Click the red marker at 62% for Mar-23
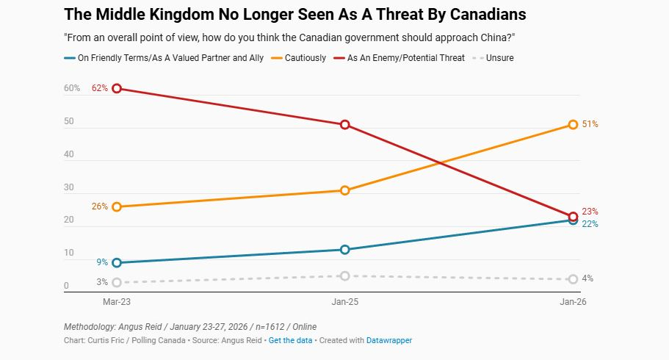coord(116,88)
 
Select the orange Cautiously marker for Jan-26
coord(572,124)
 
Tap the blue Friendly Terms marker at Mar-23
coord(116,262)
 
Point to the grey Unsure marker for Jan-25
coord(344,276)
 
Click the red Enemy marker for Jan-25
coord(344,124)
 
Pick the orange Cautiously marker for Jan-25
coord(344,190)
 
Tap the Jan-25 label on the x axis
coord(344,302)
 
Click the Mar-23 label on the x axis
coord(116,302)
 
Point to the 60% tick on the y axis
coord(72,88)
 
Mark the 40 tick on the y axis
coord(68,154)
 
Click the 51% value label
coord(590,124)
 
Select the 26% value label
coord(100,206)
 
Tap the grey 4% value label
coord(587,278)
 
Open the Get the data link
coord(290,340)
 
